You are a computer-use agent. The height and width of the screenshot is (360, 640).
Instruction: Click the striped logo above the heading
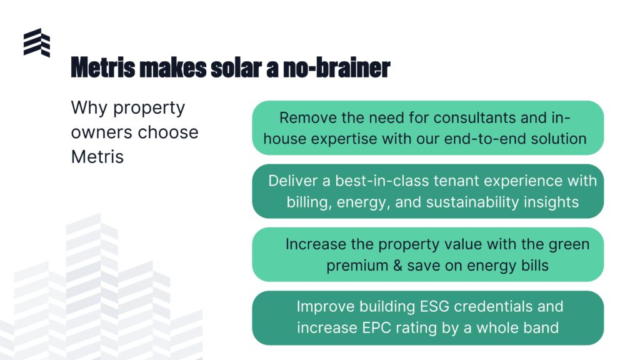[x=37, y=42]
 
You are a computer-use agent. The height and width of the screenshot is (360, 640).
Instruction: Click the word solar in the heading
[x=236, y=67]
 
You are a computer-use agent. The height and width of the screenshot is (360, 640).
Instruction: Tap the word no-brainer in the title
[x=337, y=67]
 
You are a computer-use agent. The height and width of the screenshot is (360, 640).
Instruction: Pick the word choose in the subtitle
[x=168, y=132]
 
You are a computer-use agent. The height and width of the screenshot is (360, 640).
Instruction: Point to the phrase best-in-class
[x=382, y=181]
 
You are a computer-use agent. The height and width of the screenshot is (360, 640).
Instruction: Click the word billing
[x=309, y=202]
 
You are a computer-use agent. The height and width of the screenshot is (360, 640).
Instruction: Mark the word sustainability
[x=472, y=202]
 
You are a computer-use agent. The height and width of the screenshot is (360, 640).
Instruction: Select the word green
[x=569, y=245]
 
